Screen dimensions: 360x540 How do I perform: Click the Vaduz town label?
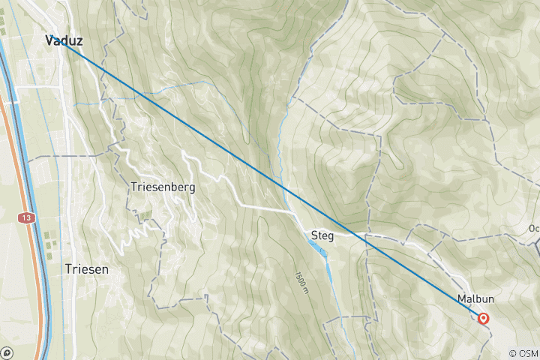tap(64, 40)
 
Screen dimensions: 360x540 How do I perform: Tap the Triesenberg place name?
tap(163, 187)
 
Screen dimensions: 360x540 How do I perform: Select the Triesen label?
tap(86, 268)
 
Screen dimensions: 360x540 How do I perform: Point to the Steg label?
tap(322, 236)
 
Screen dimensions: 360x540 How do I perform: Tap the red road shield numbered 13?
tap(27, 217)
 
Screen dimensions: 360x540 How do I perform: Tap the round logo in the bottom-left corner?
tap(7, 352)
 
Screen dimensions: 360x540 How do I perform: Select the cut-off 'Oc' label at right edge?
tap(533, 229)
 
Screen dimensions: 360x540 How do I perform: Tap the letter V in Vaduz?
tap(49, 40)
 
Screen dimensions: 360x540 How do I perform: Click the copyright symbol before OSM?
tap(512, 353)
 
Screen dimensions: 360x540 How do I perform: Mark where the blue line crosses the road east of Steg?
tap(365, 236)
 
